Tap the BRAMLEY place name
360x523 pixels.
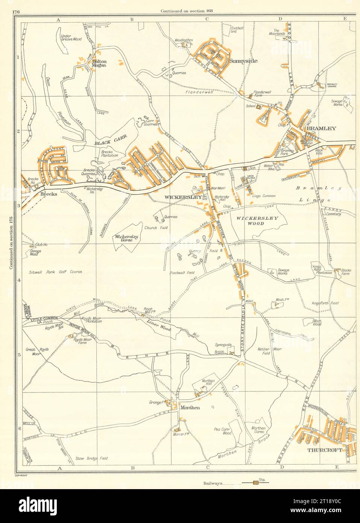point(321,128)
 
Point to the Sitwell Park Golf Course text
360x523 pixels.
point(55,272)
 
